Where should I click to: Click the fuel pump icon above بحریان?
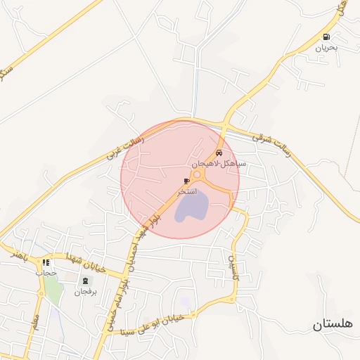click(326, 37)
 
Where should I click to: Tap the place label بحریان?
click(326, 49)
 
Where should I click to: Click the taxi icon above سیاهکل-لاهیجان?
click(219, 153)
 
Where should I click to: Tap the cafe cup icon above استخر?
click(186, 181)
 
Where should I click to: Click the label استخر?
click(187, 191)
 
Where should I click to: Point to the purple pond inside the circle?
click(191, 207)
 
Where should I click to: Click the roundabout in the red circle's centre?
click(198, 175)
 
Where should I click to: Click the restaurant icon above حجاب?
click(46, 262)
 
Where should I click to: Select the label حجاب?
click(46, 273)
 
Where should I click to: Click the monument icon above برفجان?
click(86, 281)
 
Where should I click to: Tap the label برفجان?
click(86, 290)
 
